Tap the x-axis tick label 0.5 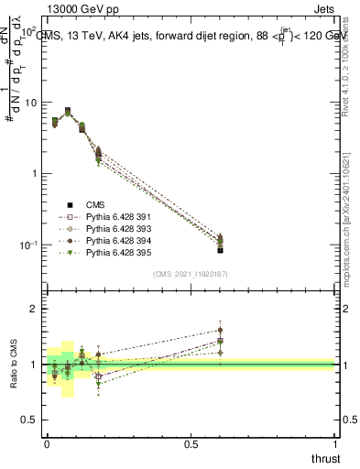(x=191, y=445)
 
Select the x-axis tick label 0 (x=47, y=445)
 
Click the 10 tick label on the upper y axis (x=29, y=103)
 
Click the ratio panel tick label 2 (x=35, y=310)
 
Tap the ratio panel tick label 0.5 (x=31, y=420)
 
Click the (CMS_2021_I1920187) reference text (x=191, y=273)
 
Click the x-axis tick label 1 (x=336, y=445)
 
